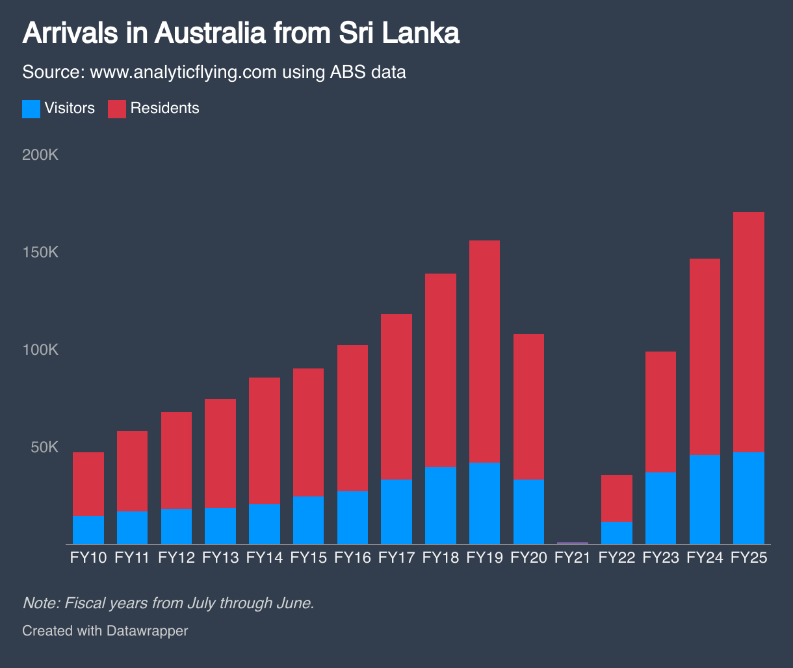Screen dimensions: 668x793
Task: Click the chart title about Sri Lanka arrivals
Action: [x=240, y=33]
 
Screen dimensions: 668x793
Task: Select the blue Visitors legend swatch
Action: [x=31, y=109]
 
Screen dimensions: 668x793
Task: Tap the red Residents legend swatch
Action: [x=116, y=109]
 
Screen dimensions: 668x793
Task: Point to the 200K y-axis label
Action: [x=40, y=156]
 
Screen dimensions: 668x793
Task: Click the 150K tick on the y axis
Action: [x=40, y=253]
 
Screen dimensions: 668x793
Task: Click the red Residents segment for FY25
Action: [x=748, y=331]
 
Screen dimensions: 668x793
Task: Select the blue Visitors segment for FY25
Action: [x=748, y=498]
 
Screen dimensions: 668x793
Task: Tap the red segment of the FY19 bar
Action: [x=484, y=351]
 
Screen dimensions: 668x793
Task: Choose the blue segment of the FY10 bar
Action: [x=88, y=530]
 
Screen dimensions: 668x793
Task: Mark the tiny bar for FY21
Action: [x=573, y=543]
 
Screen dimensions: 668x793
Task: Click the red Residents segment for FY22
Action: [x=617, y=498]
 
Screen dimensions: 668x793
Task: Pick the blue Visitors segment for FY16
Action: [x=352, y=517]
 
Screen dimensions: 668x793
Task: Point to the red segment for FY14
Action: [x=265, y=441]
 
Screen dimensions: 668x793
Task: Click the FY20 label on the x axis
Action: [x=528, y=558]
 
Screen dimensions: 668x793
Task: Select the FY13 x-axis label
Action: [x=220, y=558]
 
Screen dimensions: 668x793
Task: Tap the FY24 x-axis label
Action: [x=705, y=558]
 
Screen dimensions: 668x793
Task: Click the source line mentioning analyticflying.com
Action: [x=214, y=71]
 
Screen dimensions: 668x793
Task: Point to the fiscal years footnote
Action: [x=168, y=603]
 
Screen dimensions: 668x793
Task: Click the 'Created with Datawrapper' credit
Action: [x=105, y=630]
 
